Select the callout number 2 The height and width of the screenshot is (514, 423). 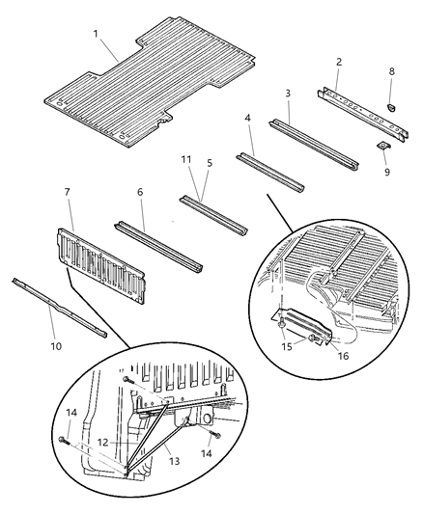339,60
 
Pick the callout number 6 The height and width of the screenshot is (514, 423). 140,193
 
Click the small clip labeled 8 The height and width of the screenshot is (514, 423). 392,99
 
